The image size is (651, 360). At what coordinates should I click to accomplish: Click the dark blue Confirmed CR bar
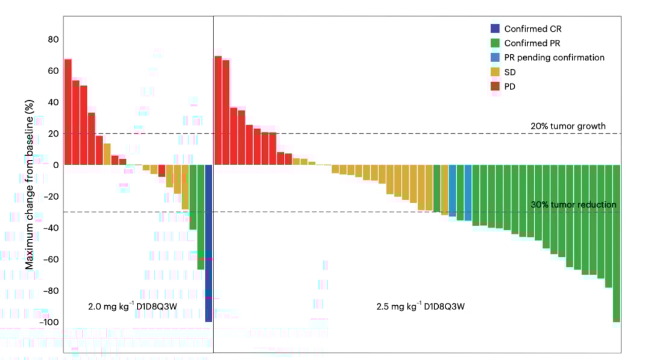tap(209, 241)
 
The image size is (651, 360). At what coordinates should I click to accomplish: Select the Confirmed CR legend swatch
tap(495, 28)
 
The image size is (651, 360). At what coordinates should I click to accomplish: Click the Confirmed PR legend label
tap(532, 43)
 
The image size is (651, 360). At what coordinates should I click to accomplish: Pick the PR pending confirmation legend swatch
tap(495, 57)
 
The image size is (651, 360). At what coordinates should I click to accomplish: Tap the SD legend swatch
tap(495, 72)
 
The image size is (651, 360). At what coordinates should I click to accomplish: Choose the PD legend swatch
tap(495, 86)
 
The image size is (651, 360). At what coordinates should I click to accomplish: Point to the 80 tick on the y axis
tap(54, 40)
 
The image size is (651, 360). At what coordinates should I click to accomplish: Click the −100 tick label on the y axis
tap(51, 322)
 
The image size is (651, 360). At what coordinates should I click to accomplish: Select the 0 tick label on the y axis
tap(56, 165)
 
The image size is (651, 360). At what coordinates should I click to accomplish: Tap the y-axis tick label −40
tap(52, 228)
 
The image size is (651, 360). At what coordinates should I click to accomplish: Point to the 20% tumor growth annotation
tap(568, 127)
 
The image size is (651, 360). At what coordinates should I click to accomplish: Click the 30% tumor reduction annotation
tap(573, 205)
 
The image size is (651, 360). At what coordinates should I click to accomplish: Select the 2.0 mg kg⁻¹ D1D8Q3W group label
tap(133, 306)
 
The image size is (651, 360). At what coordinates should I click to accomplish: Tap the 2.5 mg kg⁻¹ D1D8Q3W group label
tap(421, 306)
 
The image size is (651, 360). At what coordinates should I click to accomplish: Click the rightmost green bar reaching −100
tap(616, 241)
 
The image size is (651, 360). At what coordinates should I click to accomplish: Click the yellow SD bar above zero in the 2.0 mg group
tap(107, 154)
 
